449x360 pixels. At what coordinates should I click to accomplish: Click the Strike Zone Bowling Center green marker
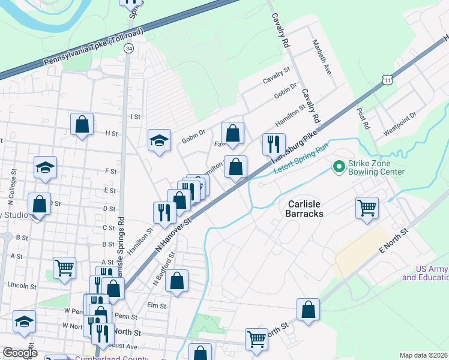point(339,166)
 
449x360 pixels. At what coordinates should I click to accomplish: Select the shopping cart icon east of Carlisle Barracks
point(367,208)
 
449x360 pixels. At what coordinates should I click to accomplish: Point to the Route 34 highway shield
point(128,48)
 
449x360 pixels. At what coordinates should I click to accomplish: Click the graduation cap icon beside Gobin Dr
point(159,140)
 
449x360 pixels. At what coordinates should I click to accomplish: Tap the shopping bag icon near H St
point(82,125)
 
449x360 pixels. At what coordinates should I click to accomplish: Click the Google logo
point(20,353)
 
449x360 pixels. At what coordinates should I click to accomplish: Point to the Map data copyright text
point(424,355)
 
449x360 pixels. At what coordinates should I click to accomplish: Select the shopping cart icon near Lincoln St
point(64,268)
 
